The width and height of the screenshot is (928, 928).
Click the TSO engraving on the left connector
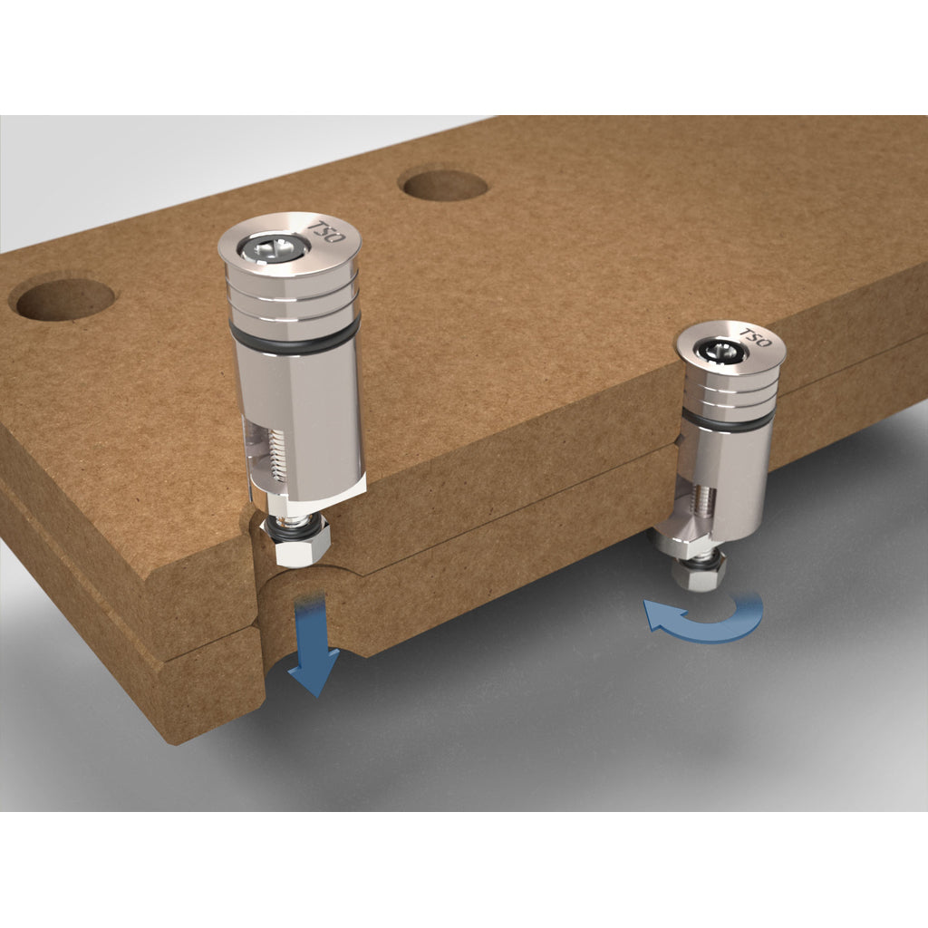point(322,228)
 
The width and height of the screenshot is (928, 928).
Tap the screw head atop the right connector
point(716,348)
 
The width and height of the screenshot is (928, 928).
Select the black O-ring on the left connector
point(295,340)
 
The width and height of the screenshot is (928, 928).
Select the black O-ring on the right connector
point(730,420)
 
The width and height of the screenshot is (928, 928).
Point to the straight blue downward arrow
point(310,643)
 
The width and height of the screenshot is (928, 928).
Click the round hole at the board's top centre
point(444,185)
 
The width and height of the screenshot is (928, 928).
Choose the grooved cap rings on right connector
point(730,390)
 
